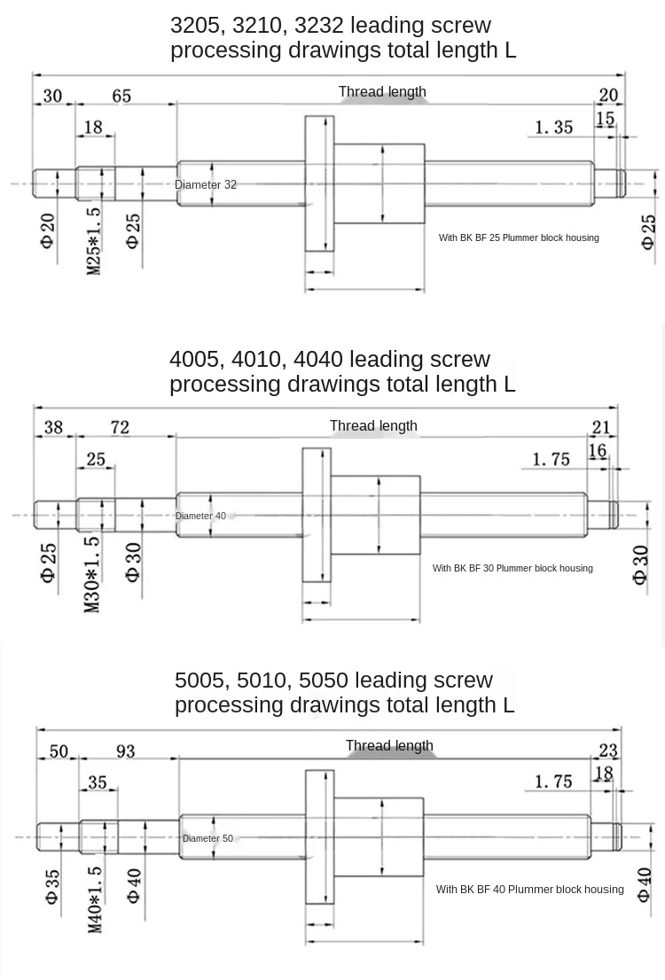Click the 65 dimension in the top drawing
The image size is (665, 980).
(x=121, y=96)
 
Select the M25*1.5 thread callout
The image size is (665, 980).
(x=94, y=241)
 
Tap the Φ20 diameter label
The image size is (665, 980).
(x=48, y=230)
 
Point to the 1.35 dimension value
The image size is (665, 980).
(x=553, y=128)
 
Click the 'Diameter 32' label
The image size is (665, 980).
(x=206, y=185)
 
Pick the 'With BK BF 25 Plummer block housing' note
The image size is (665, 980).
(x=519, y=237)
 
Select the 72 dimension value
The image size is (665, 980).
(x=120, y=428)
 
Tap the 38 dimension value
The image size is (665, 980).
(x=53, y=428)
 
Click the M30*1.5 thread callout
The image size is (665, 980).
(x=92, y=574)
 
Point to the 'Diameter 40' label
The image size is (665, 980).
(x=200, y=516)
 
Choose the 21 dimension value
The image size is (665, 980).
(x=601, y=429)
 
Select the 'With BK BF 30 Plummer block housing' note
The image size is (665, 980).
(x=512, y=568)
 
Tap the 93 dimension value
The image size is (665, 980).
(x=125, y=751)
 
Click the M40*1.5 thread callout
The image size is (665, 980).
(x=95, y=899)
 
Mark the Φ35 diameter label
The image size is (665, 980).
(x=52, y=886)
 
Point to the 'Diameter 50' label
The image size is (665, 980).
(x=207, y=838)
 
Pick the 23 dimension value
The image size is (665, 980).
(x=608, y=751)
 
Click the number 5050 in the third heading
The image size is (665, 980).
(x=324, y=681)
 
